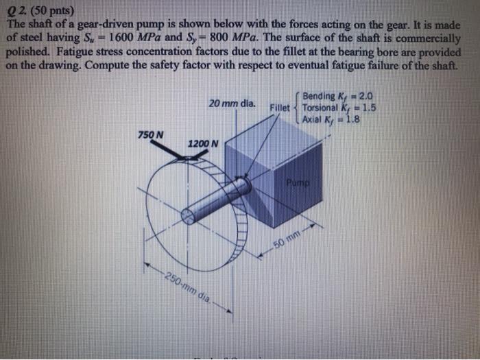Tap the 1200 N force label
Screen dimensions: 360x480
pos(203,144)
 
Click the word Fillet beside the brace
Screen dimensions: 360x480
pos(280,108)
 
